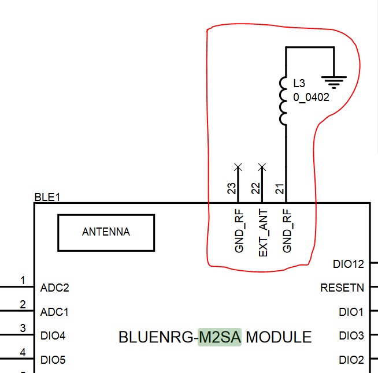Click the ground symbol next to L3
coord(334,79)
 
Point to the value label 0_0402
coord(311,98)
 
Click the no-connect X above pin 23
coord(238,167)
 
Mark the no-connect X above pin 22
coord(262,167)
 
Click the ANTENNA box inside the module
coord(106,232)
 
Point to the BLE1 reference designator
coord(47,197)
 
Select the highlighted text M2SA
coord(220,337)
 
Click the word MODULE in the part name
coord(279,337)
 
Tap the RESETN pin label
coord(342,288)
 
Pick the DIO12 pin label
coord(349,264)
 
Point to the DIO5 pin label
coord(53,360)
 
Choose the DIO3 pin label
coord(351,335)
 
